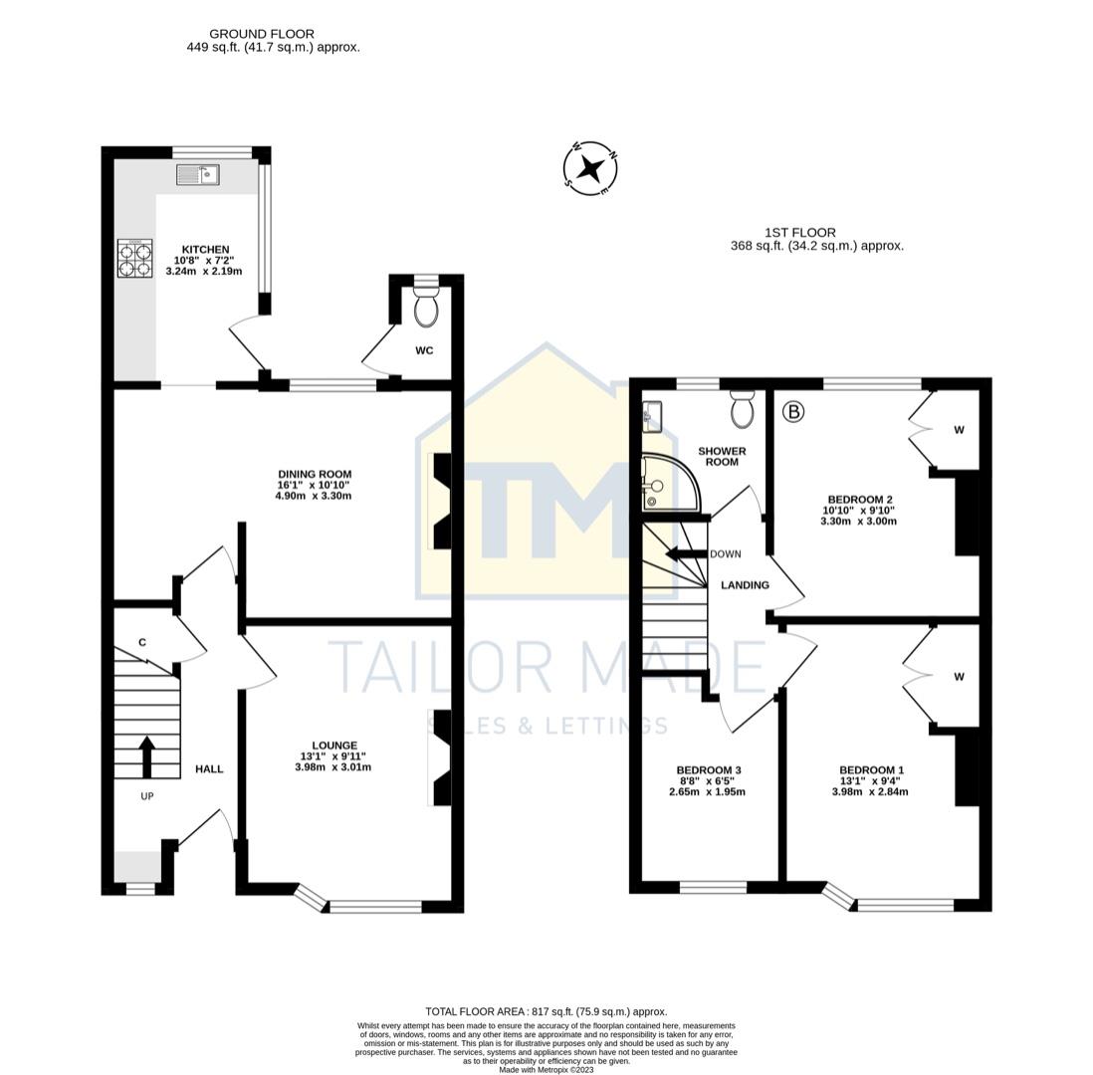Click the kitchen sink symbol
point(197,175)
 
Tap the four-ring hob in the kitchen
point(134,258)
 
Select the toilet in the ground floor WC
point(425,308)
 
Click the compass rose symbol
point(590,168)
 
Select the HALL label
point(209,768)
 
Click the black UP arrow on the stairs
point(146,756)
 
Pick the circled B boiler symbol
point(793,410)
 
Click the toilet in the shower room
point(742,408)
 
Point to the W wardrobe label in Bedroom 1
point(959,677)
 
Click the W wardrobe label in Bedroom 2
point(959,430)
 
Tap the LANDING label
point(745,585)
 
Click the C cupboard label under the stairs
point(142,642)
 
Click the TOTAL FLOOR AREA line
point(546,1011)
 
